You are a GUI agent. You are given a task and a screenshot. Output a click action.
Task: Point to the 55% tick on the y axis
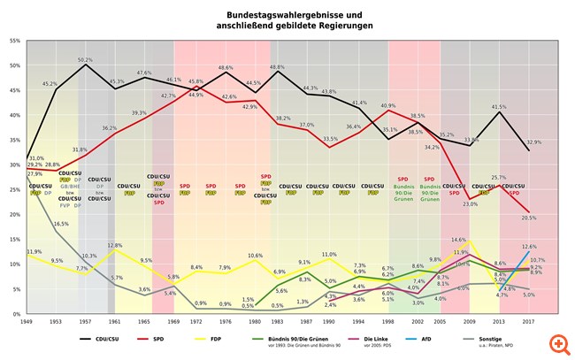[x=14, y=41]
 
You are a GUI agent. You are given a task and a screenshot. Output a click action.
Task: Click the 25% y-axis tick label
[x=14, y=190]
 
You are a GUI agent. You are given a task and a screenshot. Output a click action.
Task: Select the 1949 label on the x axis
[x=28, y=323]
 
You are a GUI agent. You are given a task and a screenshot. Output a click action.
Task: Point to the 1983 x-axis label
[x=278, y=323]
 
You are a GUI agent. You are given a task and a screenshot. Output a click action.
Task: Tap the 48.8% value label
[x=278, y=67]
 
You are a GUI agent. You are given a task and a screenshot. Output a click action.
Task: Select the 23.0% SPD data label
[x=470, y=203]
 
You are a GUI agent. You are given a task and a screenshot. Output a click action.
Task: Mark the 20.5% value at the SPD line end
[x=529, y=218]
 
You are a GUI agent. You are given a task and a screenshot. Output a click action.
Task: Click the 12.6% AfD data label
[x=529, y=247]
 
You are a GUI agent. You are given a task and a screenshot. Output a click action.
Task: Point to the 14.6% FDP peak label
[x=459, y=240]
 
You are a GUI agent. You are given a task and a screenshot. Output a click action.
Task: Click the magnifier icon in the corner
[x=557, y=342]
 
